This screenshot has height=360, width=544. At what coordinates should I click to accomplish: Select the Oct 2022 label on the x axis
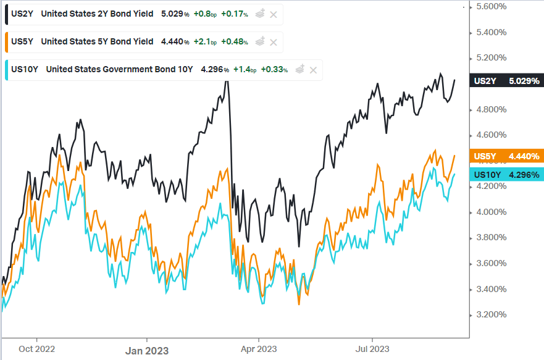tap(37, 348)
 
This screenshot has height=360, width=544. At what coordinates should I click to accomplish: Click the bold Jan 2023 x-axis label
tap(147, 350)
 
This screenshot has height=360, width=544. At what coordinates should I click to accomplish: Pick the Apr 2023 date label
tap(258, 348)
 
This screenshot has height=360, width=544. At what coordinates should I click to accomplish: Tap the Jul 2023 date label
tap(372, 348)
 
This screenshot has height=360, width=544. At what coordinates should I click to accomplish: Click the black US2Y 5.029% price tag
tap(506, 81)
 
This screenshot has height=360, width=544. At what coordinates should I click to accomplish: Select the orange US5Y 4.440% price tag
tap(506, 157)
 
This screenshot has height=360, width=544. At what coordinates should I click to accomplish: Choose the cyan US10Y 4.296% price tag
tap(506, 175)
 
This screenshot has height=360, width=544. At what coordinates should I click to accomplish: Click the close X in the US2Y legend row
tap(274, 14)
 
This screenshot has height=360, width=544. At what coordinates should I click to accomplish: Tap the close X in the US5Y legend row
tap(274, 42)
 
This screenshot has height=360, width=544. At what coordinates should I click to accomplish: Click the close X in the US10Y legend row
tap(313, 70)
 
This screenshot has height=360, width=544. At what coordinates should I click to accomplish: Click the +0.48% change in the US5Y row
tap(235, 42)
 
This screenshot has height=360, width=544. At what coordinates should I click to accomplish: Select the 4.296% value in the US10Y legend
tap(215, 70)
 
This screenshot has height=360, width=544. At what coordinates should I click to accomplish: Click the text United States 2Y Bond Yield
tap(96, 14)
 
